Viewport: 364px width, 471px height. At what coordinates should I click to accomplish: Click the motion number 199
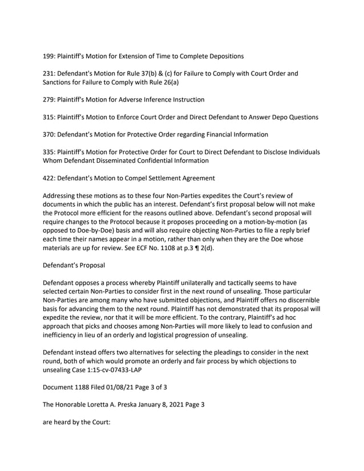50,56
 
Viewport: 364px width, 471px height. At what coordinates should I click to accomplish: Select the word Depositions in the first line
223,56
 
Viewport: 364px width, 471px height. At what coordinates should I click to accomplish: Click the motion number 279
50,100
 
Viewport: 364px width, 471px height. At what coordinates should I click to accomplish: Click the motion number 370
50,135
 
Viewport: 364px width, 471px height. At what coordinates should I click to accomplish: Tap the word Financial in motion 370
211,135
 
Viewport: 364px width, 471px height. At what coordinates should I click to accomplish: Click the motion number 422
50,179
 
